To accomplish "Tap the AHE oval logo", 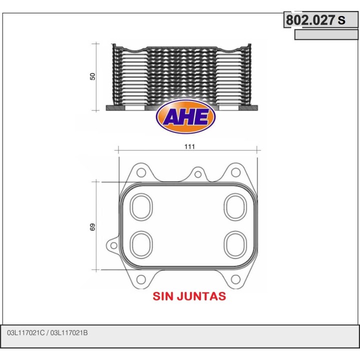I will click(186, 118).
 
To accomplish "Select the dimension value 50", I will click(92, 76).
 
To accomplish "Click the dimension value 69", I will click(92, 226).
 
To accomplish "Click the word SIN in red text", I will click(163, 296).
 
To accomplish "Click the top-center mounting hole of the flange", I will click(198, 175).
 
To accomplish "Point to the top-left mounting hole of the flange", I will click(141, 172).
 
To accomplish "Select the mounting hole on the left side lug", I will click(113, 246).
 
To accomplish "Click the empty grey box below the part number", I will click(326, 35).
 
